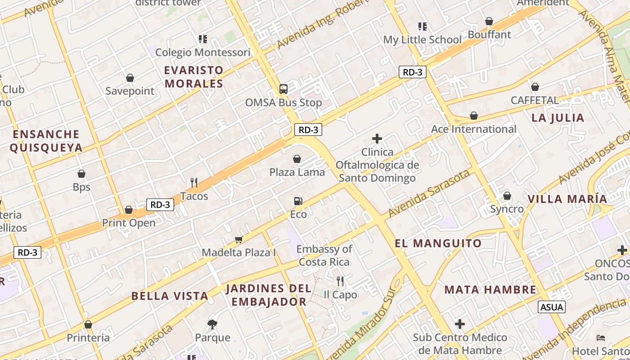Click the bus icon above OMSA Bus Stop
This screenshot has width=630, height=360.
283,89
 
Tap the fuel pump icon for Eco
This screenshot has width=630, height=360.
297,201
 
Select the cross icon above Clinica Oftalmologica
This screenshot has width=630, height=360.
377,139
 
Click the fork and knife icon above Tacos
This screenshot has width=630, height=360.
194,182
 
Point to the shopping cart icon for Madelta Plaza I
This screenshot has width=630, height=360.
238,239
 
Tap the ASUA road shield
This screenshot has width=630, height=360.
551,307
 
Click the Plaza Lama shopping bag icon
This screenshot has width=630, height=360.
297,159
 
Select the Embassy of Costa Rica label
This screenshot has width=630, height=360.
324,255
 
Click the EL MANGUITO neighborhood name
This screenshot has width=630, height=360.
438,243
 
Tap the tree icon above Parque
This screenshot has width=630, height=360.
212,324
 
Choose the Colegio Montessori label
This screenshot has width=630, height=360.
202,53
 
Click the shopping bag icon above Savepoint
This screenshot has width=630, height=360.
130,78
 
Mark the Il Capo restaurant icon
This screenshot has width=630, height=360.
340,281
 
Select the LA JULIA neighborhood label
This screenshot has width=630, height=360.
558,118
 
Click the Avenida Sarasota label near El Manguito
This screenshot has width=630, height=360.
429,193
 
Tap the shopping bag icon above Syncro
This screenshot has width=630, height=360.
507,196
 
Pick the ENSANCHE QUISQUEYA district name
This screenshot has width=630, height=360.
46,141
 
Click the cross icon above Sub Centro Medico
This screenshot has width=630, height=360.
459,324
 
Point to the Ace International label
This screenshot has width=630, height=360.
473,129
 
